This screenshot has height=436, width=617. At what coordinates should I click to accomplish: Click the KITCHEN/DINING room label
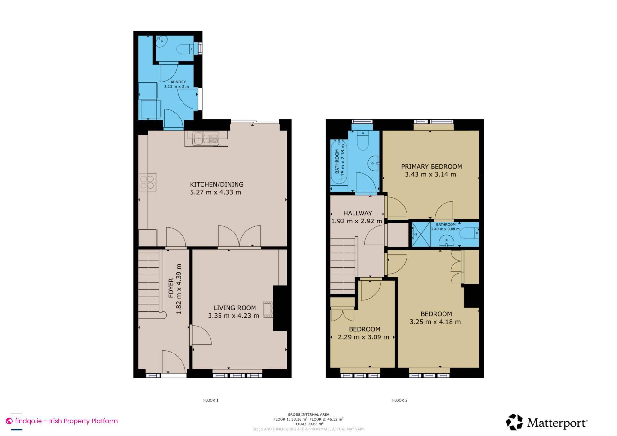point(217,184)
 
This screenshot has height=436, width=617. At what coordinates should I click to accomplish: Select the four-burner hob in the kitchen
point(148,182)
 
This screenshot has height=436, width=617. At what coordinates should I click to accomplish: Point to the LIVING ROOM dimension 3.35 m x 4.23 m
point(233,316)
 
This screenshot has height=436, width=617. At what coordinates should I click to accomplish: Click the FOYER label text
point(171,288)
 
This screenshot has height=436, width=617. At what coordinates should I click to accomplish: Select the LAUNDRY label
point(177,82)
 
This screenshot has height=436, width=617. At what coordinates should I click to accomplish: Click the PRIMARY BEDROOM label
point(431,166)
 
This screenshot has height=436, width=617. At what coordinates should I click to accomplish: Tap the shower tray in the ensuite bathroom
point(421,234)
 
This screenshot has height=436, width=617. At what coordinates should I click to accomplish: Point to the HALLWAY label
point(357,213)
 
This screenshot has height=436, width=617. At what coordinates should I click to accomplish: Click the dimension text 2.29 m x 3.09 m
point(363,337)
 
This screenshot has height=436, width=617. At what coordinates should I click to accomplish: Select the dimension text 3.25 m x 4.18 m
point(435,322)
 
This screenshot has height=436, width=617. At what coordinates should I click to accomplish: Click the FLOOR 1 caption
point(210,400)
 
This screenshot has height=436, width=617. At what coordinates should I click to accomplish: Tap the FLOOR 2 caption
point(399,400)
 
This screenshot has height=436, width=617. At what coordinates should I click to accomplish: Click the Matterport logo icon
point(514,422)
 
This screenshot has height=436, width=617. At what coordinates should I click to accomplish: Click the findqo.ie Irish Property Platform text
point(66,421)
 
